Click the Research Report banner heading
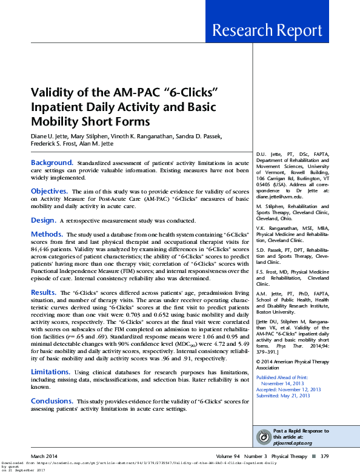pyautogui.click(x=275, y=31)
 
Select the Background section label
pyautogui.click(x=52, y=163)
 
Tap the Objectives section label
pyautogui.click(x=49, y=191)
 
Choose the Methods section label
pyautogui.click(x=47, y=234)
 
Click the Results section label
pyautogui.click(x=44, y=292)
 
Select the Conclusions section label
pyautogui.click(x=53, y=401)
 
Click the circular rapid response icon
pyautogui.click(x=263, y=436)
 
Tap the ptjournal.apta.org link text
pyautogui.click(x=294, y=443)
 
